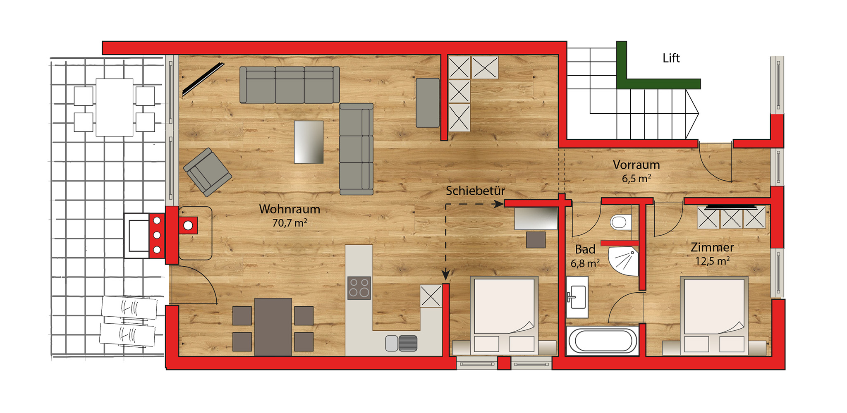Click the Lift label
[x=671, y=58]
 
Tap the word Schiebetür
[x=475, y=191]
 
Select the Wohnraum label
[x=290, y=209]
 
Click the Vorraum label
[x=636, y=165]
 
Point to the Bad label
[x=585, y=250]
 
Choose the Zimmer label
[x=712, y=247]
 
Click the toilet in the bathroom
[x=621, y=222]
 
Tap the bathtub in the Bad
[x=603, y=341]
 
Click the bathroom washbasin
[x=577, y=297]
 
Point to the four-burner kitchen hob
[x=359, y=288]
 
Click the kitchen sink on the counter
[x=401, y=343]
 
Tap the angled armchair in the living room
[x=207, y=172]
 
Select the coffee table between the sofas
[x=309, y=142]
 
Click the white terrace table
[x=115, y=107]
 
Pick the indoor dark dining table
[x=273, y=327]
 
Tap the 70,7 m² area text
[x=290, y=223]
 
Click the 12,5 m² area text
[x=712, y=261]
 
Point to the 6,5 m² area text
[x=636, y=179]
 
